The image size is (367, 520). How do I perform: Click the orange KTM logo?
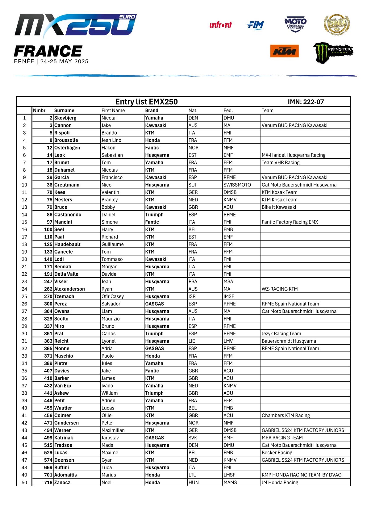284,51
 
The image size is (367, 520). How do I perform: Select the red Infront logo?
220,25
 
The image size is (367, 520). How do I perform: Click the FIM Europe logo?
255,25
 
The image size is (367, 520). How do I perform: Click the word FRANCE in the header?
48,51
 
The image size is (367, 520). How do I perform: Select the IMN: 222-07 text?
306,102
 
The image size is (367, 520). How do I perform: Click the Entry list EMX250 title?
146,102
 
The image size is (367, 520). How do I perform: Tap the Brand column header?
152,111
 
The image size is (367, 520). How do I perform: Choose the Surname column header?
64,111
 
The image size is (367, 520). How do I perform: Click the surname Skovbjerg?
65,118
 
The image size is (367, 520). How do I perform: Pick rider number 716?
48,482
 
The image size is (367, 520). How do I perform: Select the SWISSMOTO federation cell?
237,185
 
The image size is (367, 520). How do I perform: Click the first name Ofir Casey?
113,296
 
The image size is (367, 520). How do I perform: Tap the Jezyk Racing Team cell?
281,333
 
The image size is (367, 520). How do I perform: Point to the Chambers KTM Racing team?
286,415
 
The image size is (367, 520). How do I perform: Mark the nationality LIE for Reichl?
192,341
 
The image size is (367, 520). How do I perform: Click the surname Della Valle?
66,274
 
